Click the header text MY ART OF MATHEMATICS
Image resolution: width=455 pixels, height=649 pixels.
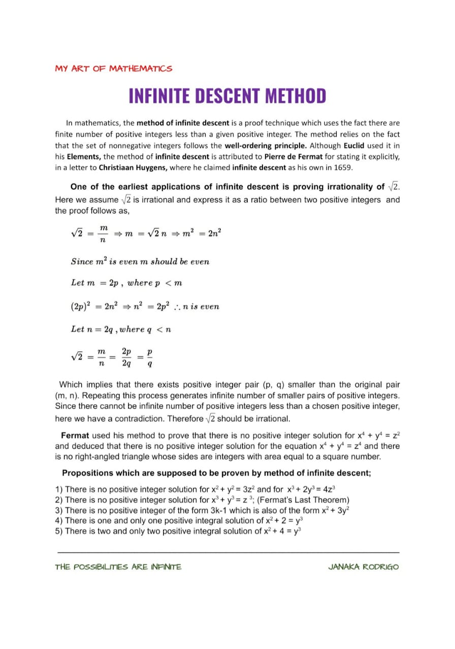(114, 68)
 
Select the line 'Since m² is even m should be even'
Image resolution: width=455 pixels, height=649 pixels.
(140, 262)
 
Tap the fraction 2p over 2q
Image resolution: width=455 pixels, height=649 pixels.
(126, 357)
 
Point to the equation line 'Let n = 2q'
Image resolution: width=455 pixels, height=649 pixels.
(121, 330)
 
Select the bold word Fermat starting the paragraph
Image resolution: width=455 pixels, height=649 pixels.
(75, 435)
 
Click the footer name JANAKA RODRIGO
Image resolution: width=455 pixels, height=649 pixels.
(363, 567)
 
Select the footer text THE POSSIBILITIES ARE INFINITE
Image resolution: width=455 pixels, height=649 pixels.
(118, 567)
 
